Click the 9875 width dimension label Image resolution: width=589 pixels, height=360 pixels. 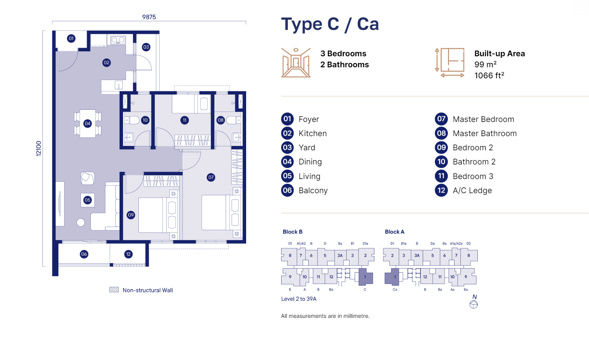click(149, 17)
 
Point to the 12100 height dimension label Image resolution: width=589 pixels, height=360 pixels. click(39, 148)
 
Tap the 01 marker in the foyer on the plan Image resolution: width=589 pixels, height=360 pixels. click(71, 39)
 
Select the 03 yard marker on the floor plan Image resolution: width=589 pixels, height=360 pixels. click(146, 47)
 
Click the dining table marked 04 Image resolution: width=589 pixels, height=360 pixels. click(88, 124)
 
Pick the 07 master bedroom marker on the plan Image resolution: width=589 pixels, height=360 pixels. click(211, 177)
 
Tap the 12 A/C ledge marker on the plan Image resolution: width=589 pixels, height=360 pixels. click(128, 254)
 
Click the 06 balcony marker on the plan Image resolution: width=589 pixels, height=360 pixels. click(84, 254)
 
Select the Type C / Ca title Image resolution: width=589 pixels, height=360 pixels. click(330, 24)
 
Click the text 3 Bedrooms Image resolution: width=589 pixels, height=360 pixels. click(343, 54)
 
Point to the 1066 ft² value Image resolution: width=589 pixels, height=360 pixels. click(489, 76)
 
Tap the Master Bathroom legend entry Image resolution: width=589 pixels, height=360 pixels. click(484, 133)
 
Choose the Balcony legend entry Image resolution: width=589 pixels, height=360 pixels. click(313, 190)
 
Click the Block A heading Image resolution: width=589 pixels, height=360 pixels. click(394, 232)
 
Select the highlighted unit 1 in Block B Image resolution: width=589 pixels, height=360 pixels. click(365, 277)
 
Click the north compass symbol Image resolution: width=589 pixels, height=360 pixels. click(474, 304)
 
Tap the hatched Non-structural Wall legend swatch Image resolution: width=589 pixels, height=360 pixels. click(114, 290)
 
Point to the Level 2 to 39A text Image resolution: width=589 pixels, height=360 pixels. click(299, 299)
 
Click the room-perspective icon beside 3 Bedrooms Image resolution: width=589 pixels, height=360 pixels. click(296, 63)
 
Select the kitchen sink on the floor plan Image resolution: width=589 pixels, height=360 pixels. click(118, 40)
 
